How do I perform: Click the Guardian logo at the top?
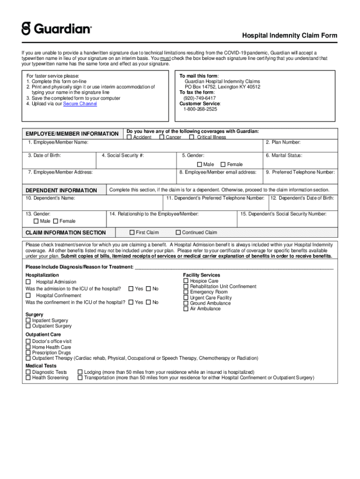(x=56, y=29)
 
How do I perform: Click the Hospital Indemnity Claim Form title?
(x=289, y=36)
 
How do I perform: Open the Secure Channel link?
(x=80, y=104)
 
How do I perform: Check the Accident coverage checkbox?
(x=130, y=138)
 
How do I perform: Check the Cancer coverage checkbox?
(x=162, y=138)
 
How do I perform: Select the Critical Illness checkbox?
(x=192, y=138)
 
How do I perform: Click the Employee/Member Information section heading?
(x=72, y=134)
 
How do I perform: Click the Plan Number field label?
(x=283, y=142)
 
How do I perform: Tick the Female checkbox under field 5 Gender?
(x=223, y=164)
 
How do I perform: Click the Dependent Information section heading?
(x=61, y=190)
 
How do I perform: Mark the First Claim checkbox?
(x=132, y=232)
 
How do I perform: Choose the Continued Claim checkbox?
(x=178, y=232)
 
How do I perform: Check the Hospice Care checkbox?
(x=186, y=281)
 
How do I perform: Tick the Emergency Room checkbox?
(x=186, y=292)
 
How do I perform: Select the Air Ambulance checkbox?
(x=186, y=309)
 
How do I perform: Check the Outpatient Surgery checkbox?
(x=28, y=326)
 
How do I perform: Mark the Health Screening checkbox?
(x=28, y=377)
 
